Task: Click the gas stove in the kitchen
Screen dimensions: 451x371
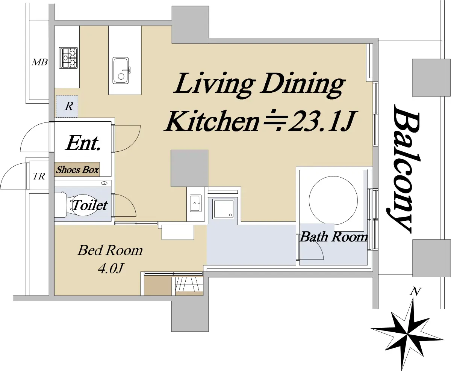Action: pos(68,58)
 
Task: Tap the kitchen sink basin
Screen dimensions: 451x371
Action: pos(121,70)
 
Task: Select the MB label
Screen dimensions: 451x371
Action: pos(40,62)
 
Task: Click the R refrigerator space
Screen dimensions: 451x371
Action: pos(67,106)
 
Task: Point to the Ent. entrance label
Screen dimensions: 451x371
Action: pos(83,143)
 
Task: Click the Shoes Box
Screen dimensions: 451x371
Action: pos(77,169)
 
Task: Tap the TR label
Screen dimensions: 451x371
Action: pos(39,176)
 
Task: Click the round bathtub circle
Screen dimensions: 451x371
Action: pos(333,201)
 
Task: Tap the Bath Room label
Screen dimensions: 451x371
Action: pos(334,237)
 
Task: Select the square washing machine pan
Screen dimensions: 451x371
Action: pos(224,209)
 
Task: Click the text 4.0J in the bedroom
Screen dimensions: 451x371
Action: pos(111,268)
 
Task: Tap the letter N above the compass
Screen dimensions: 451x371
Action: pos(415,291)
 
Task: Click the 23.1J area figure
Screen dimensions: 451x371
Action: pos(322,121)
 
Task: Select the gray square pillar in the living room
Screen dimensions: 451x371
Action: pos(189,168)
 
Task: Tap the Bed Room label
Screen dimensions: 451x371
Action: pos(110,250)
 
